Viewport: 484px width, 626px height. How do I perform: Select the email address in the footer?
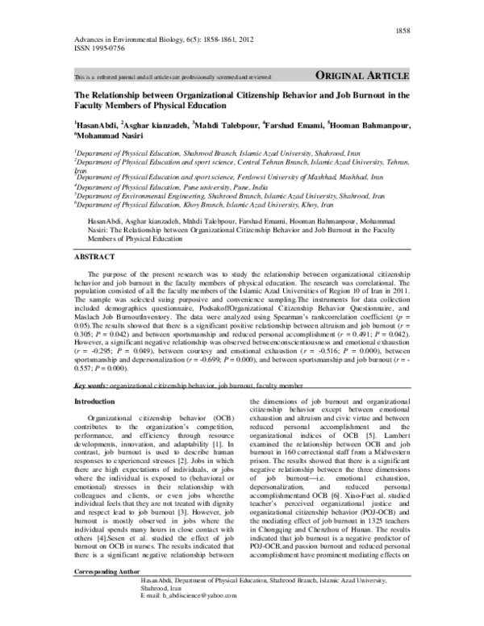[x=188, y=617]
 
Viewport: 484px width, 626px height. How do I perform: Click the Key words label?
[x=91, y=386]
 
